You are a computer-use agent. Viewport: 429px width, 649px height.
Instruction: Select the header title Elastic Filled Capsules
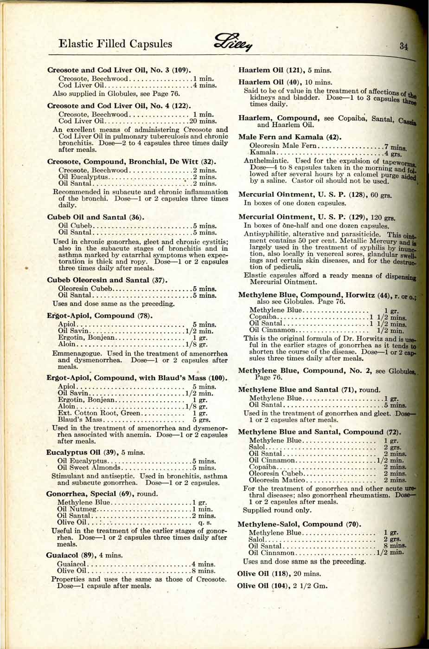(115, 44)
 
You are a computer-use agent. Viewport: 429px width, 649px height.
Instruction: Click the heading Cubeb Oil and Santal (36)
(96, 217)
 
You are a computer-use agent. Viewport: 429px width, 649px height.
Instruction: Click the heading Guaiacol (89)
(84, 555)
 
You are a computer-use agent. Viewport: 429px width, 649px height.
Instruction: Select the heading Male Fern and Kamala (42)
(290, 137)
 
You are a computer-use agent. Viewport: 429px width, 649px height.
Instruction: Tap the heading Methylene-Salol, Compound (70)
(299, 524)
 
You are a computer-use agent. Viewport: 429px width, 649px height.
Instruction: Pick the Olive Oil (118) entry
(279, 573)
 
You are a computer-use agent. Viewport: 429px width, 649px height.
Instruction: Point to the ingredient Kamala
(263, 153)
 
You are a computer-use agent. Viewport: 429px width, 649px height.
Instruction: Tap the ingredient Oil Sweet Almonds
(89, 467)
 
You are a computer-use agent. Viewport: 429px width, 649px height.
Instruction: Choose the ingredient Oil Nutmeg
(77, 509)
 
